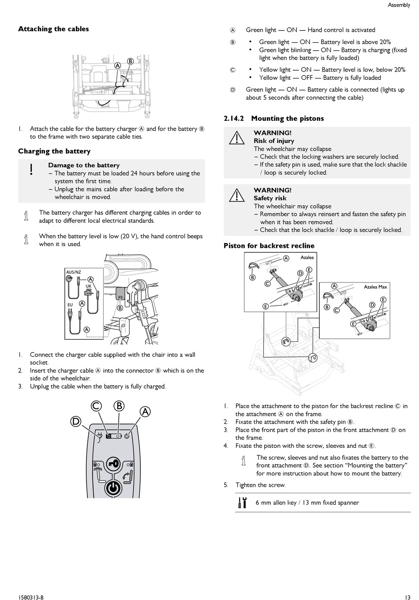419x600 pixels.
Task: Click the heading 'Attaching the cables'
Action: (x=53, y=29)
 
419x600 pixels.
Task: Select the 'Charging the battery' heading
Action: (x=54, y=151)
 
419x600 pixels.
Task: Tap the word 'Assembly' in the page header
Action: (x=399, y=5)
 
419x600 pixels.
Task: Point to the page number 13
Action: (x=407, y=597)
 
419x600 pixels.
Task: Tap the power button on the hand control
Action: (x=113, y=488)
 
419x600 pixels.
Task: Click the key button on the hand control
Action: (x=113, y=464)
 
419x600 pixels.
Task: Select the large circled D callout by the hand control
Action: (x=76, y=422)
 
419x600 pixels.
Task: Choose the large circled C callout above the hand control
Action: (x=97, y=406)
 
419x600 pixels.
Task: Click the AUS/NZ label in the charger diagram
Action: (x=74, y=272)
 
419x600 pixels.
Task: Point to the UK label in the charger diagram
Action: (x=88, y=286)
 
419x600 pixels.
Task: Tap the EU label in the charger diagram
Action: (x=70, y=305)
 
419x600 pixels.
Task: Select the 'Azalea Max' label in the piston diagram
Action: (x=375, y=287)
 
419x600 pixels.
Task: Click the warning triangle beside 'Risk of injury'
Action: (x=237, y=138)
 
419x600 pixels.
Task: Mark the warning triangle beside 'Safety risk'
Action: (x=237, y=195)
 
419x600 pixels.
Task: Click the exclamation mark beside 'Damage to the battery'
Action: (x=31, y=169)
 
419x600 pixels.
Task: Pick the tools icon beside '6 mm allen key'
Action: (x=243, y=502)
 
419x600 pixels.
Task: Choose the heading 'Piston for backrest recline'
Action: (x=269, y=246)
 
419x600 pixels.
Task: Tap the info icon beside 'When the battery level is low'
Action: (x=26, y=240)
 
